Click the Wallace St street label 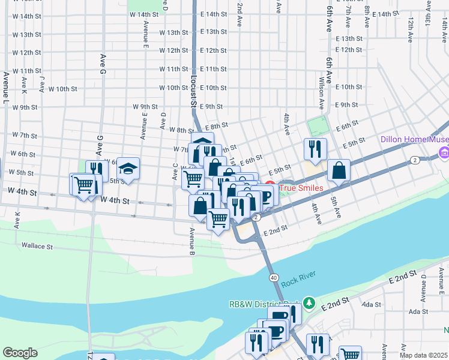click(37, 246)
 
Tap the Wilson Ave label click(322, 92)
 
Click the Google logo click(20, 353)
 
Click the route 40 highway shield click(273, 277)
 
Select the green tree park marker click(309, 302)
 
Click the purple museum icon click(444, 154)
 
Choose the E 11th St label click(214, 70)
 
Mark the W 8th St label click(182, 130)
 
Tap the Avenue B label click(192, 241)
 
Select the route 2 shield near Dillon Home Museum click(415, 160)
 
